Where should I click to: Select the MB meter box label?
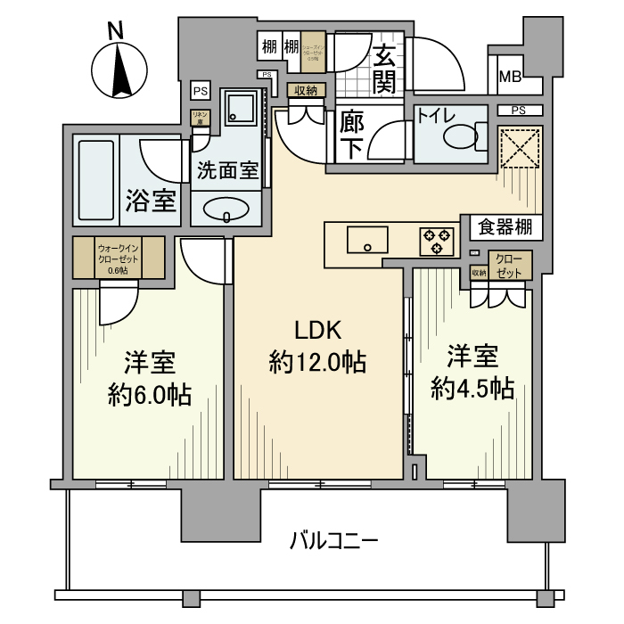coord(510,78)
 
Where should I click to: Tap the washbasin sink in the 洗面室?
coord(226,209)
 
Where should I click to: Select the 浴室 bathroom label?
coord(152,201)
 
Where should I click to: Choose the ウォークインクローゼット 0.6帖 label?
coord(117,258)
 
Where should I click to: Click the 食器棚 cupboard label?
coord(505,227)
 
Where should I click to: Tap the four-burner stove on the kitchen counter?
coord(437,241)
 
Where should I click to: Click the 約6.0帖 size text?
coord(149,395)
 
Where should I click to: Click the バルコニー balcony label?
coord(334,540)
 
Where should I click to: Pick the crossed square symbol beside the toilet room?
coord(520,148)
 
